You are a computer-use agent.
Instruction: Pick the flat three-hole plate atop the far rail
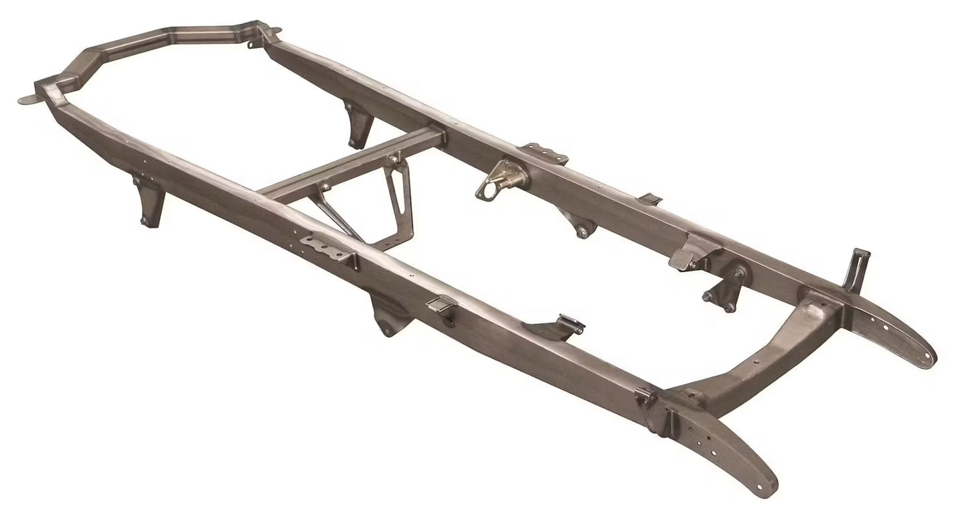(x=544, y=153)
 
